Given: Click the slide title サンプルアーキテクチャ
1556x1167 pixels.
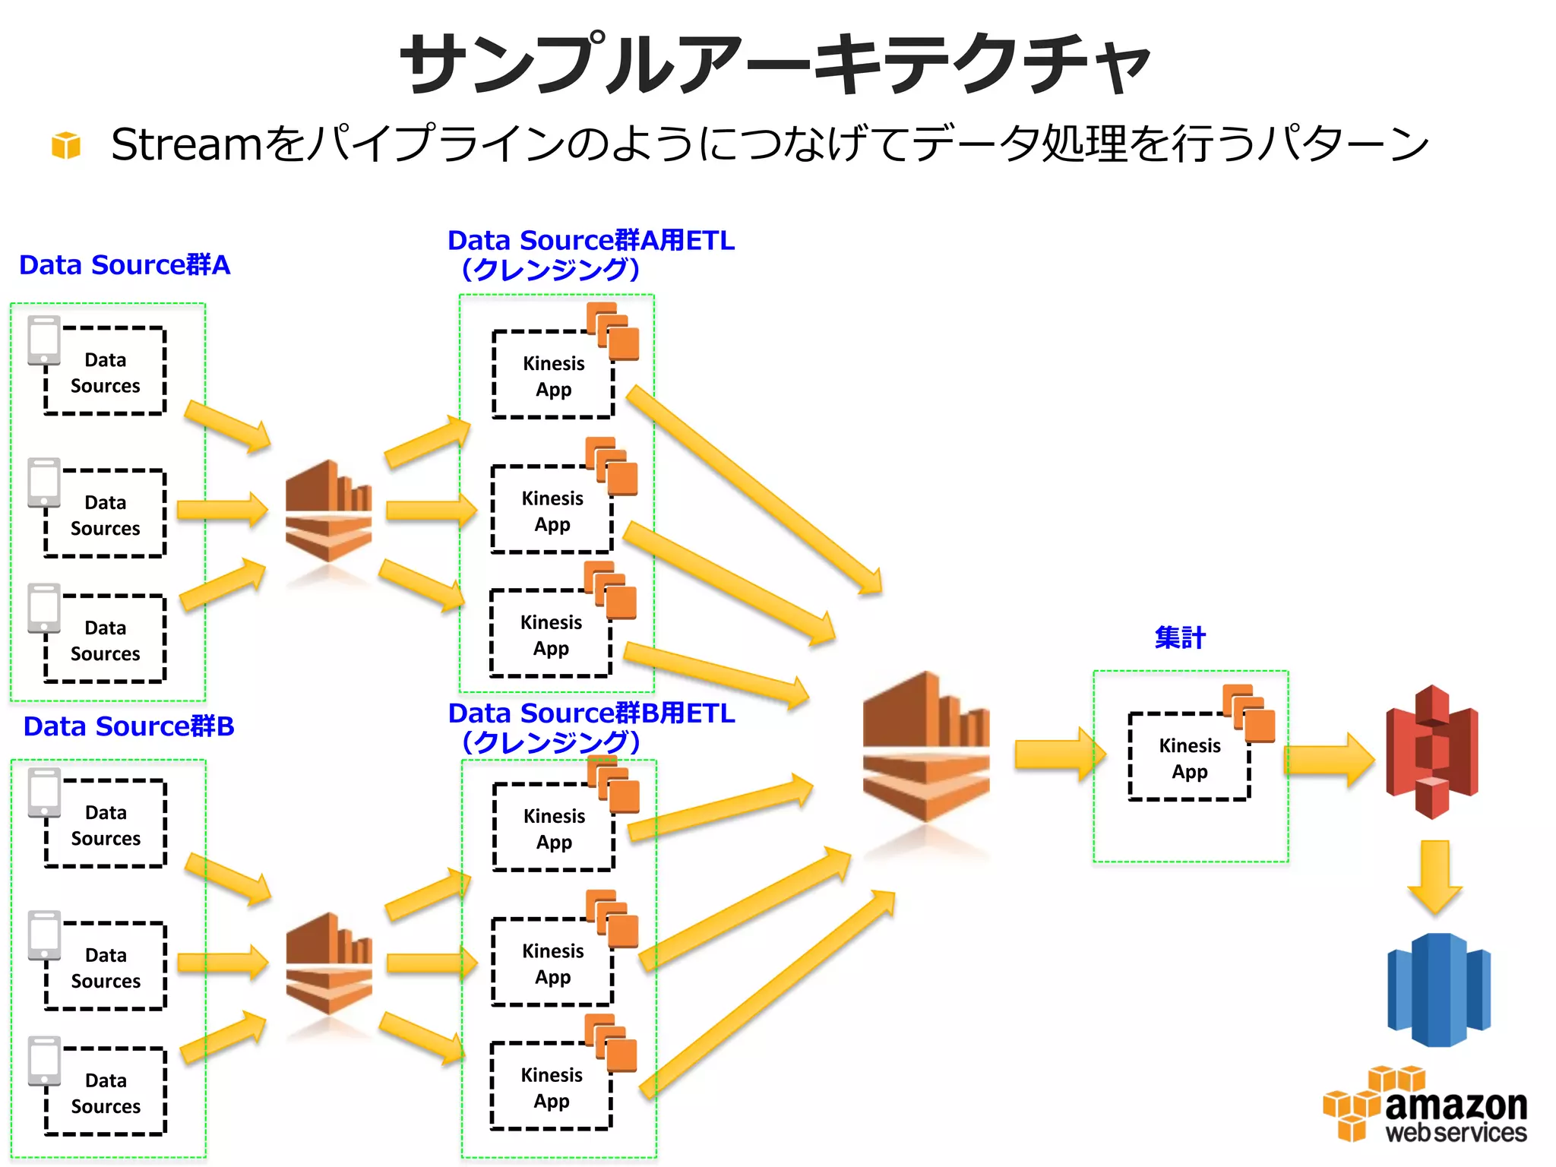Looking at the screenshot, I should [775, 65].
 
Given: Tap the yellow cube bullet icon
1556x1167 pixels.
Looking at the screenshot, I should [66, 145].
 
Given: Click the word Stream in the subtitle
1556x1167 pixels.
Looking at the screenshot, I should [186, 144].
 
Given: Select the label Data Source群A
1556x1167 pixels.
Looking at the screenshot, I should [124, 265].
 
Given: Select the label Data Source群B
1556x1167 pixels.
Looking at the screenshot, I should [128, 726].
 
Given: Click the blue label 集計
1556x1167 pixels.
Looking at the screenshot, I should [1179, 637].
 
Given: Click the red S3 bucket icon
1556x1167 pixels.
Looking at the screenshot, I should [1431, 751].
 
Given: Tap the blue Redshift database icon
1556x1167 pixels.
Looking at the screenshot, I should [1438, 989].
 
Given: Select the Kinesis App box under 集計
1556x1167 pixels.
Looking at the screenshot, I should [1189, 757].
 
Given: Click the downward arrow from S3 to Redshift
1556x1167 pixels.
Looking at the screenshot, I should [1434, 875].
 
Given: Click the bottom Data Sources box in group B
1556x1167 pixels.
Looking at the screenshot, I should [106, 1093].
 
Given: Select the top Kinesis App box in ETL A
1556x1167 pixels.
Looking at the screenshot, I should [553, 375].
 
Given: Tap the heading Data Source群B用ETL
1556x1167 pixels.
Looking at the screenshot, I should [591, 713].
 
